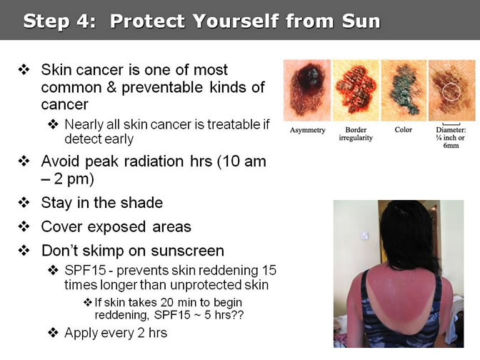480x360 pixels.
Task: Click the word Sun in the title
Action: click(x=361, y=21)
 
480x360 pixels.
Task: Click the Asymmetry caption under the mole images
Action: click(x=307, y=130)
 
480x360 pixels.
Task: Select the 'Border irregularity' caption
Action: click(x=356, y=134)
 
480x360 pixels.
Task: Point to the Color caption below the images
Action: click(x=403, y=129)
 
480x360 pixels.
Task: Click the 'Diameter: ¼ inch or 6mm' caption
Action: click(x=451, y=137)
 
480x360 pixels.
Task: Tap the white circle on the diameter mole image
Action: click(x=451, y=91)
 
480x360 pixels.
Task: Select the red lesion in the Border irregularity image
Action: click(x=356, y=89)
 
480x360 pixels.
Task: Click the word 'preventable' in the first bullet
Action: click(x=162, y=88)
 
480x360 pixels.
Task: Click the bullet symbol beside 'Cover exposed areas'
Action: click(x=24, y=227)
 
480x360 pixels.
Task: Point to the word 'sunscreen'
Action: click(x=187, y=251)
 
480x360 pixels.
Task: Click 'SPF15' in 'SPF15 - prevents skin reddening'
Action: click(x=85, y=270)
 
